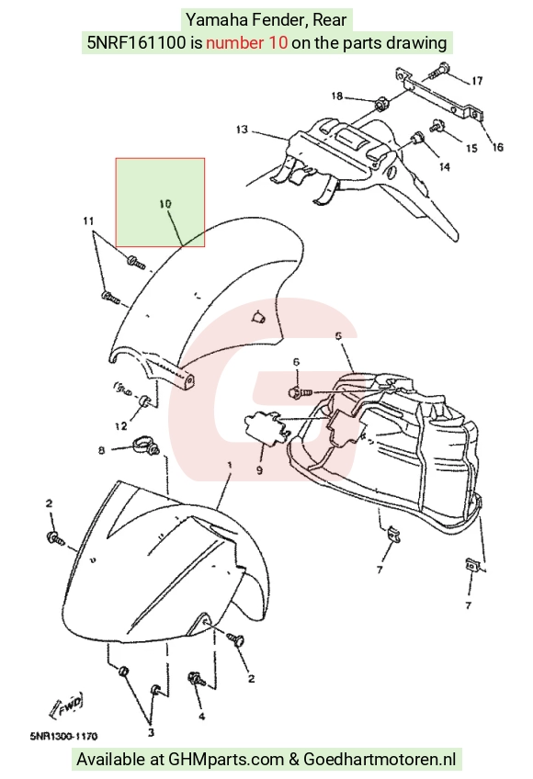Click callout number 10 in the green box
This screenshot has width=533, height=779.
click(x=165, y=204)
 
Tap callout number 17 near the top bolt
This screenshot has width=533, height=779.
click(x=477, y=81)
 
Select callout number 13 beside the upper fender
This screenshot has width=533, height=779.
click(x=242, y=130)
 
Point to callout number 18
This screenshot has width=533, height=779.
click(x=336, y=96)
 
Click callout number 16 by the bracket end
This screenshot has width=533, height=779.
click(x=497, y=147)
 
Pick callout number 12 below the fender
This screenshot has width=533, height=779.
click(x=121, y=425)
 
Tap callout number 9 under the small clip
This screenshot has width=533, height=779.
click(x=259, y=469)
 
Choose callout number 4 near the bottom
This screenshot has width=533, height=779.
click(x=201, y=716)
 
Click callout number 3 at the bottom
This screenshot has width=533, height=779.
click(x=151, y=732)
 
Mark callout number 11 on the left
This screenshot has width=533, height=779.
click(x=88, y=220)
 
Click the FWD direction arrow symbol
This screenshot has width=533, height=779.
click(x=66, y=705)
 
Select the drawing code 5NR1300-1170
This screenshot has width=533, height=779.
click(x=63, y=736)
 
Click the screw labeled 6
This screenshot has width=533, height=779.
click(x=300, y=392)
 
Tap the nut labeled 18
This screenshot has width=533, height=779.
click(x=380, y=105)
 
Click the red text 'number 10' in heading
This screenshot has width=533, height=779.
click(x=246, y=43)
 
